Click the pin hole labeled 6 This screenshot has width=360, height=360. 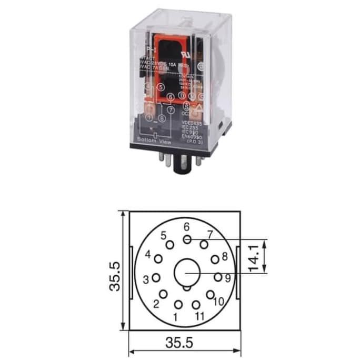click(x=187, y=239)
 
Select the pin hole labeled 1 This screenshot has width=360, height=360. click(x=178, y=304)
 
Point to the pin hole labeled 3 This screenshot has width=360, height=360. click(x=156, y=277)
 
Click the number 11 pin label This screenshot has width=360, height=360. click(x=198, y=316)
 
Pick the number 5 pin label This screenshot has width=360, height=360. click(x=164, y=235)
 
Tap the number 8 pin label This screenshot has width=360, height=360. click(x=225, y=256)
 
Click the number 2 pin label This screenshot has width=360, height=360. click(x=156, y=304)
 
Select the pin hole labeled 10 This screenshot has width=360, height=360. click(x=211, y=295)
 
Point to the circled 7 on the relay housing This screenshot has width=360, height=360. click(x=170, y=109)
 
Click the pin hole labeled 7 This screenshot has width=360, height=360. click(x=204, y=244)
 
